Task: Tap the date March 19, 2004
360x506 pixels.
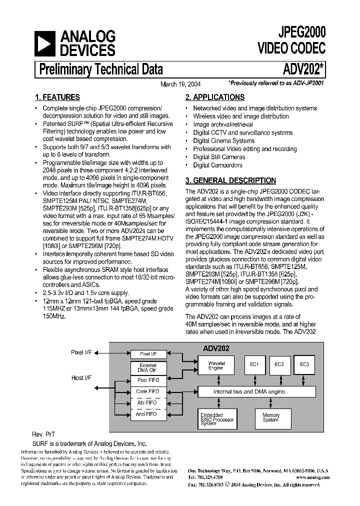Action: coord(180,84)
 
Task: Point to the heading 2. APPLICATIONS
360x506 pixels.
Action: coord(214,97)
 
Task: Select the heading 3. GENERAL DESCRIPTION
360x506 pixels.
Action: coord(230,180)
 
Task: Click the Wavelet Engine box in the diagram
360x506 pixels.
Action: coord(216,366)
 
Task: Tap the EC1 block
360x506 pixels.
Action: coord(254,364)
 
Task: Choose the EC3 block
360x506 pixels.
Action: coord(304,364)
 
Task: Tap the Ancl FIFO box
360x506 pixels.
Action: coord(147,414)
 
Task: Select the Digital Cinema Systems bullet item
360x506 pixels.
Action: coord(223,141)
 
